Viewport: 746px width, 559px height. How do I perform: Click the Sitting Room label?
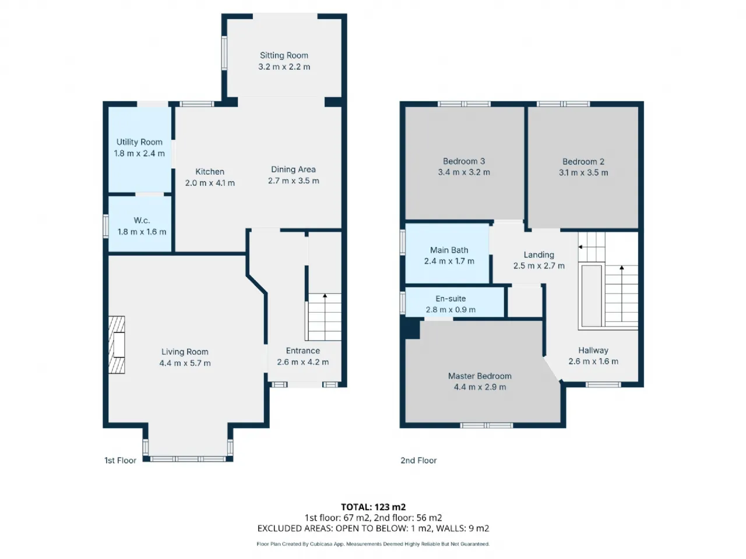pyautogui.click(x=284, y=55)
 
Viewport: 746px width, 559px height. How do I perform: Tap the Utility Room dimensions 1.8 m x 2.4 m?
pyautogui.click(x=139, y=153)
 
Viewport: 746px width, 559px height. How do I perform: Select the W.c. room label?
pyautogui.click(x=142, y=221)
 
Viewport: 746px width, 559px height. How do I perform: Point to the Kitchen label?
pyautogui.click(x=210, y=172)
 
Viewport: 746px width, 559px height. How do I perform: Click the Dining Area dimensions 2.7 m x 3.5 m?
pyautogui.click(x=294, y=181)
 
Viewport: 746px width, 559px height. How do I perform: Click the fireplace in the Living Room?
pyautogui.click(x=117, y=345)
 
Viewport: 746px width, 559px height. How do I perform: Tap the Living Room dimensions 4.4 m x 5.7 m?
pyautogui.click(x=185, y=363)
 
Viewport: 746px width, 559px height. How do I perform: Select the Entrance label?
pyautogui.click(x=303, y=351)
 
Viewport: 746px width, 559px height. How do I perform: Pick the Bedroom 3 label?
pyautogui.click(x=464, y=161)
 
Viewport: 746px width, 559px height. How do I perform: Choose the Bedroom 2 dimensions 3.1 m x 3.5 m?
pyautogui.click(x=583, y=173)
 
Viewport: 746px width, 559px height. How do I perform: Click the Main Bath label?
pyautogui.click(x=449, y=250)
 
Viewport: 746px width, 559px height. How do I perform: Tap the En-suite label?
pyautogui.click(x=451, y=299)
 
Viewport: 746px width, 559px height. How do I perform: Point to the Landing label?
pyautogui.click(x=539, y=255)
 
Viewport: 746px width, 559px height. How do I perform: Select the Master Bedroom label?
pyautogui.click(x=480, y=376)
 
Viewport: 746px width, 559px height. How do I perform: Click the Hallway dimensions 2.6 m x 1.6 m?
pyautogui.click(x=593, y=362)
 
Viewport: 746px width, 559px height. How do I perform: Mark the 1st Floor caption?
pyautogui.click(x=120, y=461)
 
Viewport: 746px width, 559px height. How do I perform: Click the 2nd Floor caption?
pyautogui.click(x=418, y=461)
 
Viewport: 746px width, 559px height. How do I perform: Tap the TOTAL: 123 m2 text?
pyautogui.click(x=373, y=507)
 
